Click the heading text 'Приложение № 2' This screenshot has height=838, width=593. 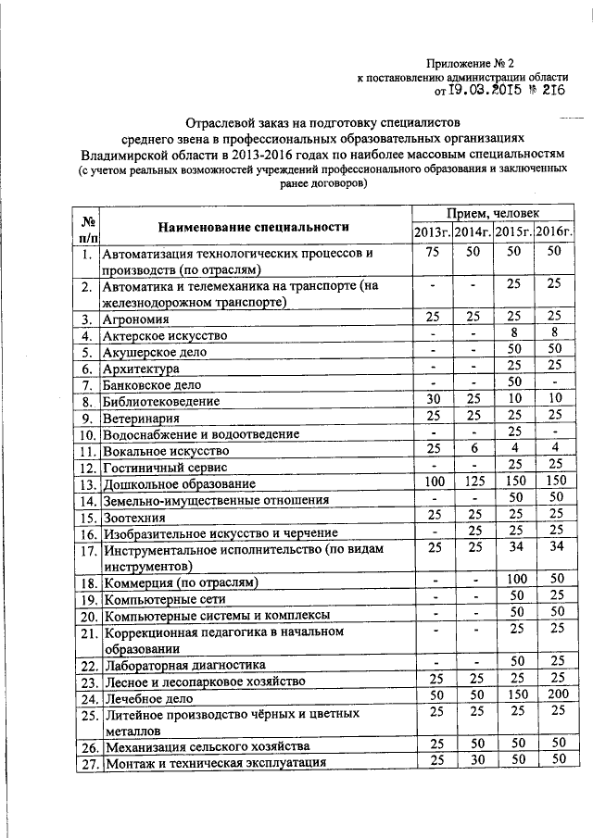470,63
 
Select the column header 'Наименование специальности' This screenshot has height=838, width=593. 252,226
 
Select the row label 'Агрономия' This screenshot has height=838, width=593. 134,319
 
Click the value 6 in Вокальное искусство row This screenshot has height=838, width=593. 473,449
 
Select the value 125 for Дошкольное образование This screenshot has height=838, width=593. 473,482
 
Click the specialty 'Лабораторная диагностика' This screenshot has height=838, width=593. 185,665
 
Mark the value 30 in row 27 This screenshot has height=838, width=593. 473,759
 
